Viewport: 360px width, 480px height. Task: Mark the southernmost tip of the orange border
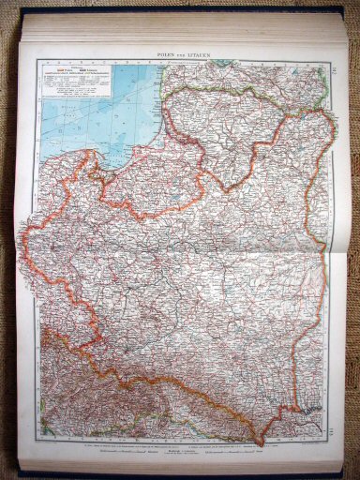pos(260,442)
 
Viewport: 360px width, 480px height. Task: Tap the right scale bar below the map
pos(272,456)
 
